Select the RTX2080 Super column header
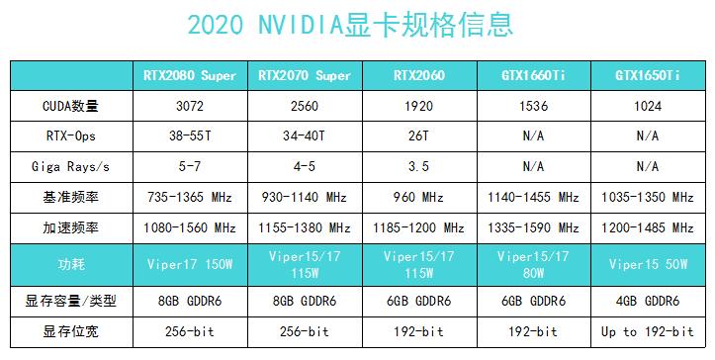[x=190, y=75]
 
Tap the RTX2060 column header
[x=419, y=75]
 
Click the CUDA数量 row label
[x=71, y=105]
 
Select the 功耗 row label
[x=71, y=264]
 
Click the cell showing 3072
[x=190, y=105]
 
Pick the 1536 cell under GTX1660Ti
[x=532, y=105]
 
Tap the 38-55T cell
[x=190, y=135]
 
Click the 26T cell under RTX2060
[x=419, y=135]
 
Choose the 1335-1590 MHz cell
[x=532, y=227]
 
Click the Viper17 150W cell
[x=190, y=264]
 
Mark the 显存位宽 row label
[x=71, y=331]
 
